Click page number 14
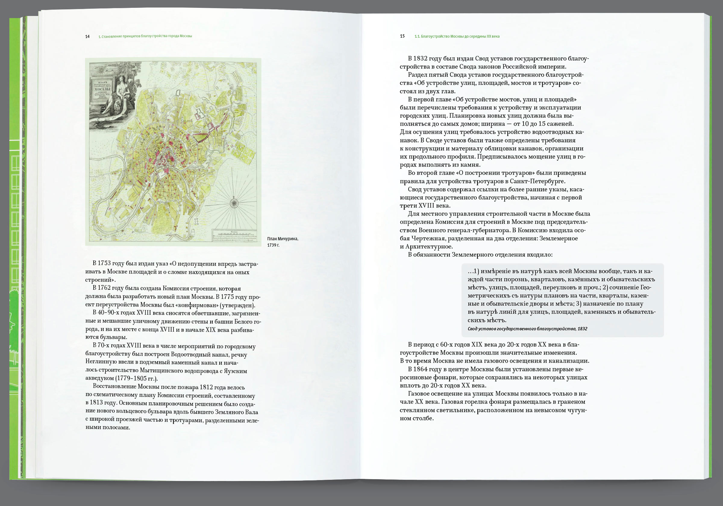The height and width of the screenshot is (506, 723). pyautogui.click(x=87, y=36)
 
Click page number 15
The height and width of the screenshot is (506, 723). pyautogui.click(x=402, y=36)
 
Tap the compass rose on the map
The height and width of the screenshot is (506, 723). pyautogui.click(x=234, y=203)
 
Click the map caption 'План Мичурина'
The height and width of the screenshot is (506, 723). pyautogui.click(x=283, y=239)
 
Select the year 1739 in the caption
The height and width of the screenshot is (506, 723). pyautogui.click(x=272, y=245)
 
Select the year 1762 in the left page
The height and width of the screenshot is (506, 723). pyautogui.click(x=104, y=288)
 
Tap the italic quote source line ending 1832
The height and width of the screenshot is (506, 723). pyautogui.click(x=527, y=329)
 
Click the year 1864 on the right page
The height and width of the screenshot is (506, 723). pyautogui.click(x=420, y=369)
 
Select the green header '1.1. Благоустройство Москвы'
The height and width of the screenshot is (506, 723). pyautogui.click(x=457, y=36)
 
